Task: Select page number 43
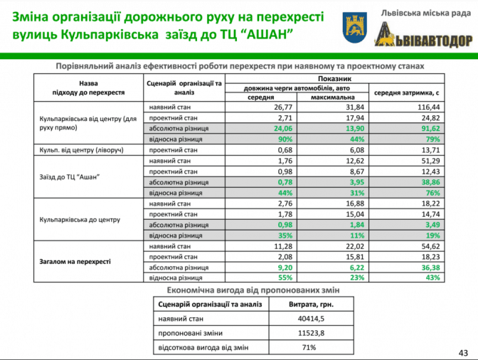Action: pyautogui.click(x=463, y=351)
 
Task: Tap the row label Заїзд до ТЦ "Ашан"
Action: pyautogui.click(x=68, y=177)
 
